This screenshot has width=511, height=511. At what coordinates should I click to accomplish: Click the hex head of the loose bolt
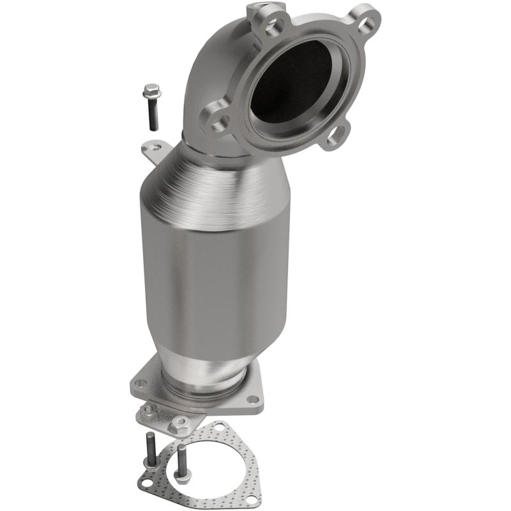[152, 91]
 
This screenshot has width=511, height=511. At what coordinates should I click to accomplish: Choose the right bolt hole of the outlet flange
[254, 399]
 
